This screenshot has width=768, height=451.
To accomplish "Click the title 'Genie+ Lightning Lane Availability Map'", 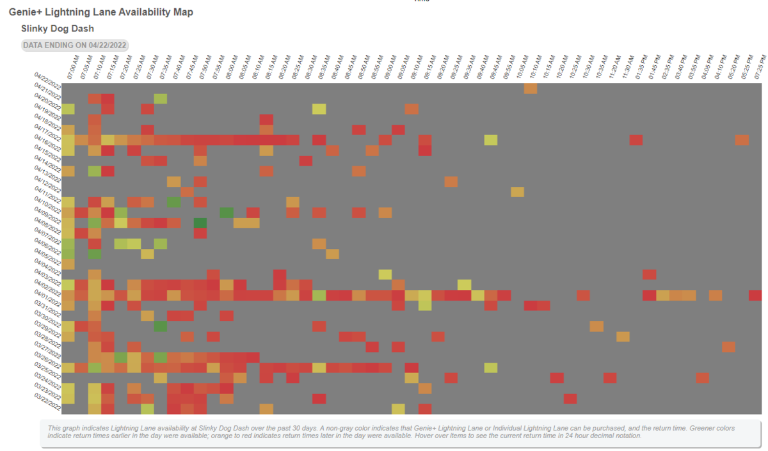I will click(100, 12).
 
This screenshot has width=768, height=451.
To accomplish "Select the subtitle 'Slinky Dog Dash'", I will click(58, 29).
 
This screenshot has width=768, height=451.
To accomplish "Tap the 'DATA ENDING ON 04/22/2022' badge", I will click(75, 45).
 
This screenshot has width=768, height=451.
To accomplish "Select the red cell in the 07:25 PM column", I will click(755, 295).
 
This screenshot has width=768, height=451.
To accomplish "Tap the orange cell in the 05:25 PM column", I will click(742, 139).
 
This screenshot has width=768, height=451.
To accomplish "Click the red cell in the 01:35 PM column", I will click(636, 139).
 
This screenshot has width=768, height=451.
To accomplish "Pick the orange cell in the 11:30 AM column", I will click(623, 336).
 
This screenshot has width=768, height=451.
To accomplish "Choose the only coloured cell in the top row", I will click(531, 88).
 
